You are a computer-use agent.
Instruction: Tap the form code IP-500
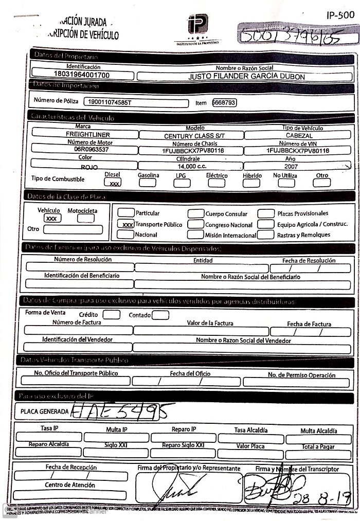[340, 15]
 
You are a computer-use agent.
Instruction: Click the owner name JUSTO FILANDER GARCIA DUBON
[246, 77]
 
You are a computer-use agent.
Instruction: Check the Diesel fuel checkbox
[113, 183]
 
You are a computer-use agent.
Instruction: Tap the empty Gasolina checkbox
[148, 183]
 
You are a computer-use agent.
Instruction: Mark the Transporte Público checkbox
[126, 224]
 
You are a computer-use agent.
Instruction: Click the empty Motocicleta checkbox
[86, 218]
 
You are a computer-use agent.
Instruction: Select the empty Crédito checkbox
[112, 315]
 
